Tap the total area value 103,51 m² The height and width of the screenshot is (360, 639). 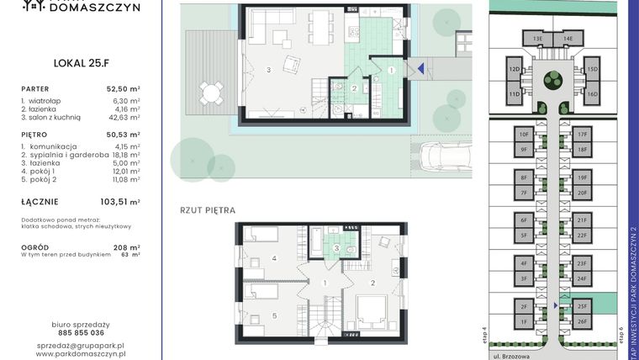[119, 202]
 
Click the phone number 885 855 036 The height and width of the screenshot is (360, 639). [81, 332]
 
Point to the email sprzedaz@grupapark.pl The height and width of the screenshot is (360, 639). [81, 345]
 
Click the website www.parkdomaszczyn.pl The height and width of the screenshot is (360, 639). [81, 354]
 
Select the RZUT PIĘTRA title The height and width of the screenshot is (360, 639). [207, 209]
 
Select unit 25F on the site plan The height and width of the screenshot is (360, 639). [582, 307]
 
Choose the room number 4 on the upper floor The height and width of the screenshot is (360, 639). [274, 258]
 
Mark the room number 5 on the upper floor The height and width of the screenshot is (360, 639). [274, 316]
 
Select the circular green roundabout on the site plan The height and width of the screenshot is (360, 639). [552, 80]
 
